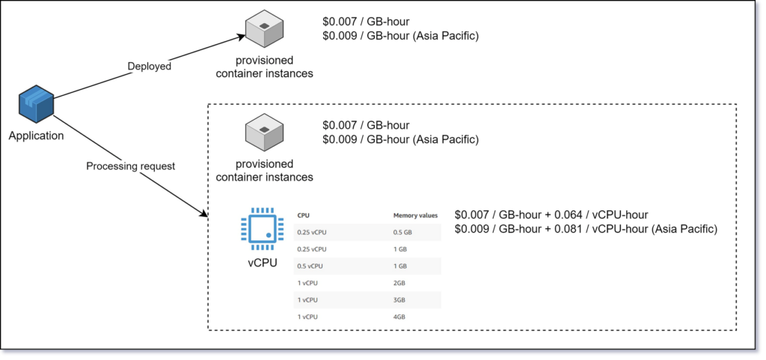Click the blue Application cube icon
point(36,105)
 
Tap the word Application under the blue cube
point(36,135)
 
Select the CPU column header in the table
point(303,216)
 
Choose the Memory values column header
point(415,216)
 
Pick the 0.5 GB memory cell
point(402,232)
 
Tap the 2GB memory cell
point(400,283)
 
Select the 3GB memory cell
point(400,299)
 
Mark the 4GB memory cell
point(400,317)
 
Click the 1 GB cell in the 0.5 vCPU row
point(400,266)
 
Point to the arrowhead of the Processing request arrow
point(204,215)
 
